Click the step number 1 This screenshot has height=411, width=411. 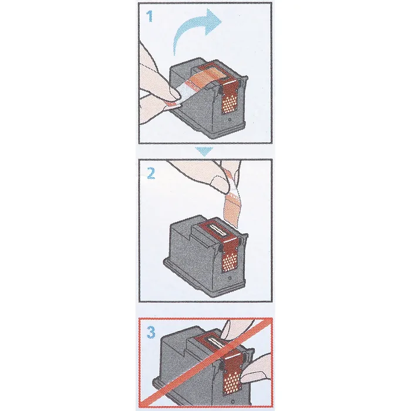(149, 16)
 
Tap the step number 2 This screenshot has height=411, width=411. (150, 173)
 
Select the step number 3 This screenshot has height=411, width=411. (151, 332)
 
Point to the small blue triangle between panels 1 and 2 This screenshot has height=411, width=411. (204, 151)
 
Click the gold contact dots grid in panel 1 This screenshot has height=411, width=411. (230, 103)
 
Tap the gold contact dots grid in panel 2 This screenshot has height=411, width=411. (230, 262)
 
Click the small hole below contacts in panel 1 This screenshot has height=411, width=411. (230, 120)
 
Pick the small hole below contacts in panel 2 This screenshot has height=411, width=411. (230, 278)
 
